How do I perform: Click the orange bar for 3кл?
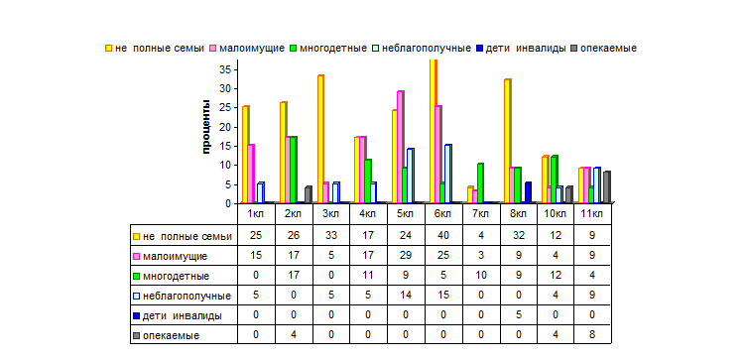tap(320, 139)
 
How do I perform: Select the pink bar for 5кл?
tap(401, 147)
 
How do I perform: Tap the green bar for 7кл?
tap(480, 183)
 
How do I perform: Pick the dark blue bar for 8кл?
tap(528, 192)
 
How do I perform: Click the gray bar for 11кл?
tap(607, 186)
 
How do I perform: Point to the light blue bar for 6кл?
tap(448, 174)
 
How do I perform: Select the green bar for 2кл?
tap(294, 170)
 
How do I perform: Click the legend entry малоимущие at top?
tap(247, 48)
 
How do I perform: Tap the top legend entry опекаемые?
tap(604, 48)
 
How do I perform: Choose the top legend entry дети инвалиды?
tap(521, 48)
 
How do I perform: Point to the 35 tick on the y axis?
tap(226, 69)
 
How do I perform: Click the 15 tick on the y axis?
tap(226, 146)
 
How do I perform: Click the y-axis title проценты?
tap(206, 127)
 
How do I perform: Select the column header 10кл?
tap(556, 213)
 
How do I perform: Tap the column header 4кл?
tap(368, 213)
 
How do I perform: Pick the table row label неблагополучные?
tap(183, 296)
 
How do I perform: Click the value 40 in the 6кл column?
tap(442, 236)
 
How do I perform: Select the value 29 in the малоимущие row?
tap(406, 256)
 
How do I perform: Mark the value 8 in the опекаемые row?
tap(592, 334)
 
